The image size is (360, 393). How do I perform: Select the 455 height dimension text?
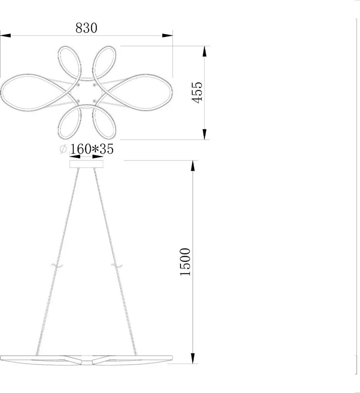pyautogui.click(x=197, y=92)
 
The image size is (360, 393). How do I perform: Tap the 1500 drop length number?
pyautogui.click(x=185, y=262)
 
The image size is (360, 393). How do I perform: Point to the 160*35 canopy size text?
pyautogui.click(x=91, y=149)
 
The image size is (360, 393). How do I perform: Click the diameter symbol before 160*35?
pyautogui.click(x=63, y=149)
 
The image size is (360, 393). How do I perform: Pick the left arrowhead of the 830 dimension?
pyautogui.click(x=5, y=36)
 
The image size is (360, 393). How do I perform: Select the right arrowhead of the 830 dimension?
pyautogui.click(x=167, y=36)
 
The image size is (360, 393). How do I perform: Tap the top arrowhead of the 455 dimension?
pyautogui.click(x=205, y=51)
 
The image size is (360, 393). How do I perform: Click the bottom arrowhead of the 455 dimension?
pyautogui.click(x=205, y=134)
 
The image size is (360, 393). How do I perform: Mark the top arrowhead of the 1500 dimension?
pyautogui.click(x=193, y=166)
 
